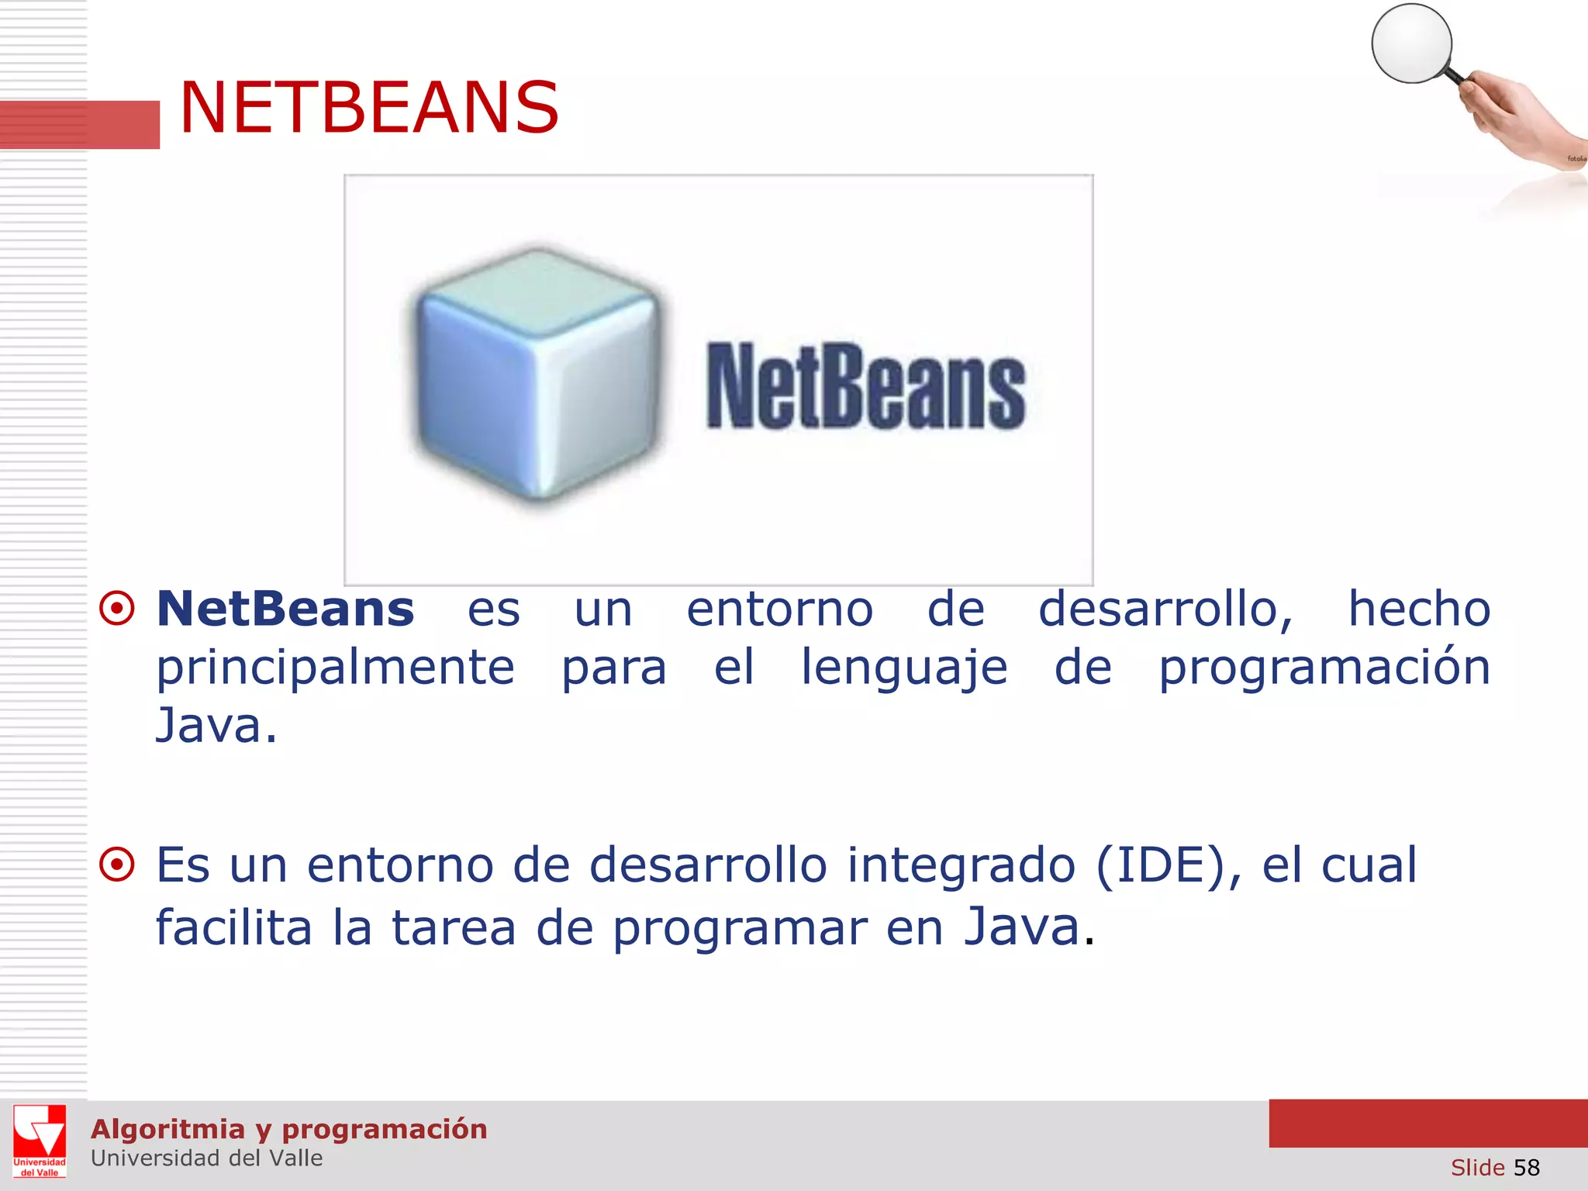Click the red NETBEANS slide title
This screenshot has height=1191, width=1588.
pos(369,108)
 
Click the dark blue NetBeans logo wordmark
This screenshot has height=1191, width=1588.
pos(865,387)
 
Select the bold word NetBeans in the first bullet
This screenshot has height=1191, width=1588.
pos(285,609)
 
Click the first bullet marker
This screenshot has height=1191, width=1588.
pos(117,609)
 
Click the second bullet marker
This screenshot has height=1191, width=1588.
pos(117,865)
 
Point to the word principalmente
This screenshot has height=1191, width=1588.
pos(335,668)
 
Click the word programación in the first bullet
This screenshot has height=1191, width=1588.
pos(1324,668)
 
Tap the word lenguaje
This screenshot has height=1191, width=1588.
pos(904,668)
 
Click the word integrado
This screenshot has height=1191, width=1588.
pos(961,866)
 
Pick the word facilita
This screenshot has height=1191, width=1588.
pos(234,927)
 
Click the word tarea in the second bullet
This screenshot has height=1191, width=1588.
pos(454,927)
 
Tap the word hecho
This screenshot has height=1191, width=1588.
pos(1419,609)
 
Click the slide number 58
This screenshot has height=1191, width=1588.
pos(1526,1167)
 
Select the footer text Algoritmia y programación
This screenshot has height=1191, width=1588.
pos(288,1129)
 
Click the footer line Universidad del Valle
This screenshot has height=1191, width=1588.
pos(206,1158)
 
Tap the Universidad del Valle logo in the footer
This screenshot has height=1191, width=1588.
pos(40,1141)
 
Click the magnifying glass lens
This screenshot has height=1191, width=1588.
pos(1411,43)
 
